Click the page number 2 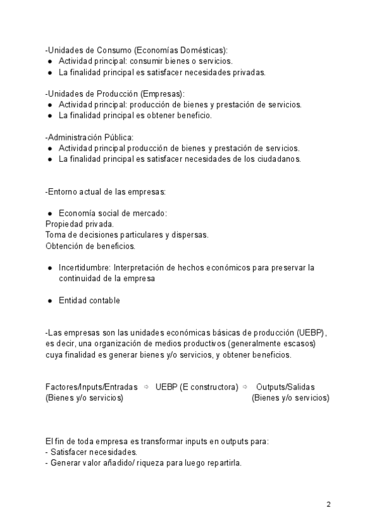tap(329, 504)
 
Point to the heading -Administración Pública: tap(89, 137)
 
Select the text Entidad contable tap(89, 301)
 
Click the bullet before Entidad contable tap(50, 301)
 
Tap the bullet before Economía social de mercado tap(50, 213)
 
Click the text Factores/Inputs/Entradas tap(91, 387)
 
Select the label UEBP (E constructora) tap(197, 387)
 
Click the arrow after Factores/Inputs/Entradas tap(146, 387)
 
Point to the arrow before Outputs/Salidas tap(245, 387)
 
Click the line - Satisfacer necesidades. tap(91, 452)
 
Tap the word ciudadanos tap(279, 159)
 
